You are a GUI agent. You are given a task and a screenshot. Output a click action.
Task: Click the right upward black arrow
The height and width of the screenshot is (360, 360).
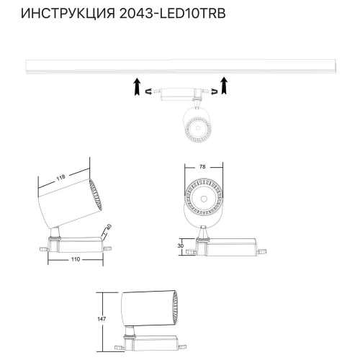(x=225, y=85)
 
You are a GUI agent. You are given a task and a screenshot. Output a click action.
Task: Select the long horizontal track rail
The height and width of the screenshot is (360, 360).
(x=179, y=66)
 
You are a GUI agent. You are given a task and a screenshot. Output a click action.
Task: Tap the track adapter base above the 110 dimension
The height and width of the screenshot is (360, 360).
(x=76, y=243)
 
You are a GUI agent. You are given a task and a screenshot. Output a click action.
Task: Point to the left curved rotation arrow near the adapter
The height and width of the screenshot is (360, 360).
(x=150, y=93)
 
